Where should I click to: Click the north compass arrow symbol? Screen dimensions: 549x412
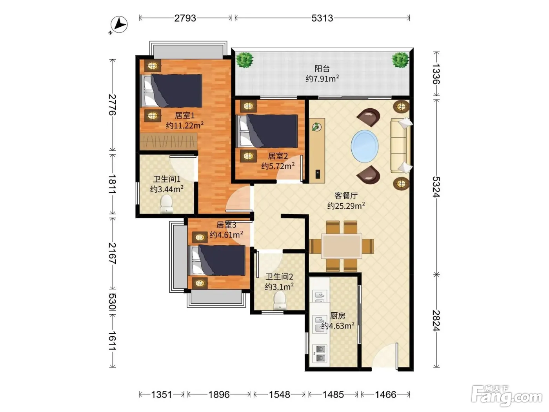click(x=119, y=24)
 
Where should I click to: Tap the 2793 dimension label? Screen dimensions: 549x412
click(x=185, y=18)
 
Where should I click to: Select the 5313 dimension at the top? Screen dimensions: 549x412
click(x=322, y=18)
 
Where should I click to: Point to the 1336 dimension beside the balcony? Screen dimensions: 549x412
click(x=436, y=74)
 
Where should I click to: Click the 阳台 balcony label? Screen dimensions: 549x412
click(x=322, y=68)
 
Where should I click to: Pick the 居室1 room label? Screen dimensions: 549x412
click(x=185, y=115)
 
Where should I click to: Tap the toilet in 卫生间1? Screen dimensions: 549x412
click(x=166, y=204)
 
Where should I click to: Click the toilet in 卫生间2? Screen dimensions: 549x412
click(x=280, y=301)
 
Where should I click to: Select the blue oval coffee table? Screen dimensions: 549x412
click(x=364, y=146)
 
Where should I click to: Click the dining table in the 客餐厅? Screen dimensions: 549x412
click(x=342, y=246)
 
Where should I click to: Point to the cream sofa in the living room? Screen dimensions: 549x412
click(x=401, y=146)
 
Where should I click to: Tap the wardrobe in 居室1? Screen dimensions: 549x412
click(x=168, y=141)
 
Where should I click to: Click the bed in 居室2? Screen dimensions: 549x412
click(x=267, y=131)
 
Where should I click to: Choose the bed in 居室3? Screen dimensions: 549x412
click(x=217, y=261)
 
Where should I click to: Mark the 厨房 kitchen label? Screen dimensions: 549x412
click(x=338, y=316)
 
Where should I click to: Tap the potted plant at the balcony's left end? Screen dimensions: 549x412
click(x=245, y=60)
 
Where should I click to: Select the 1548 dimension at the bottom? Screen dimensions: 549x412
click(x=279, y=395)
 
